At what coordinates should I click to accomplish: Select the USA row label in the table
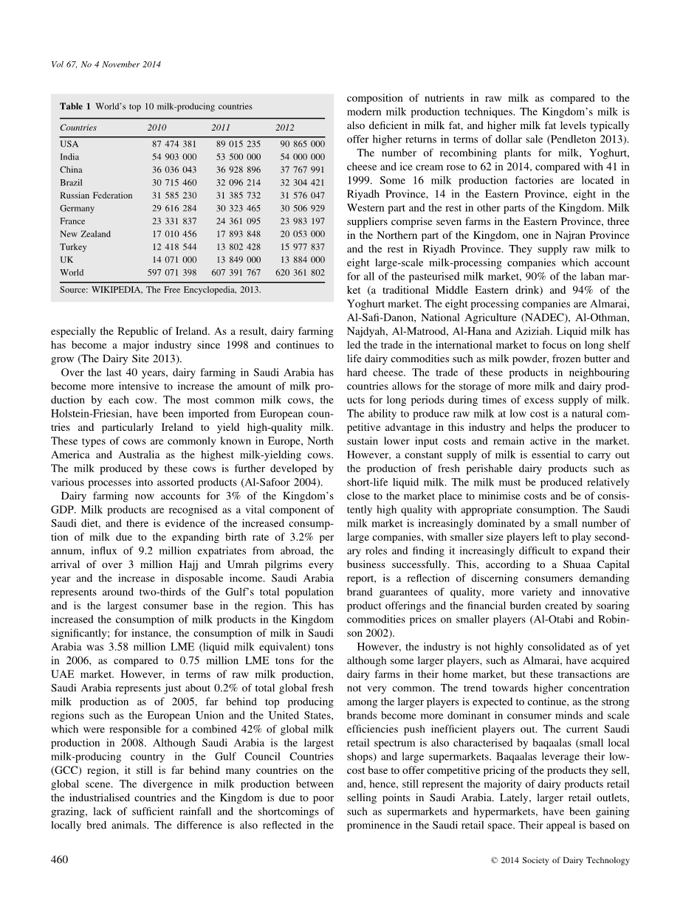[x=69, y=144]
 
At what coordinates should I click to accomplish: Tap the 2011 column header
[x=221, y=128]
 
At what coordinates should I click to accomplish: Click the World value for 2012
[x=300, y=272]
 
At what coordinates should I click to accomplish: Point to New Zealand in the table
[x=85, y=234]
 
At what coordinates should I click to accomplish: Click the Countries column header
[x=78, y=128]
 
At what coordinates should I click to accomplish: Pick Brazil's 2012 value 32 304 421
[x=300, y=182]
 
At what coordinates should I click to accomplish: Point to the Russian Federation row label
[x=96, y=195]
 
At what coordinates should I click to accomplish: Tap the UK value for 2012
[x=300, y=260]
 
